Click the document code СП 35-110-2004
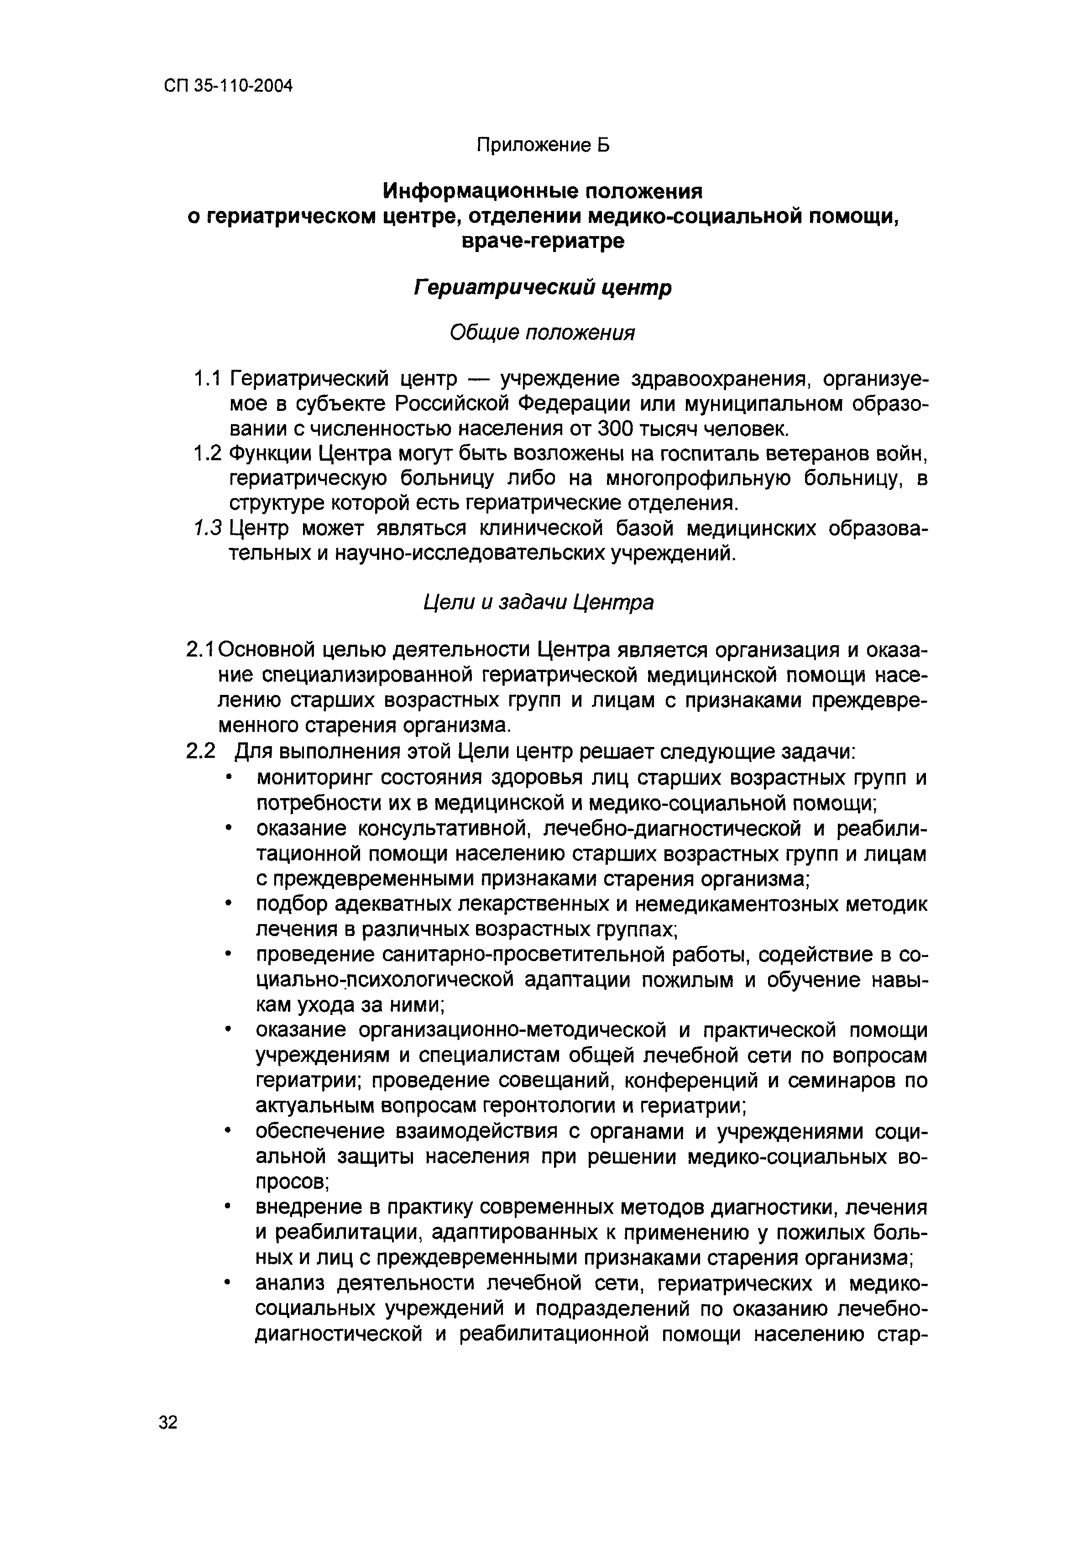[x=228, y=87]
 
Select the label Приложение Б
[x=543, y=145]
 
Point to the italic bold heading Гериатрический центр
[x=542, y=288]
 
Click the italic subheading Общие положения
[x=542, y=332]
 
